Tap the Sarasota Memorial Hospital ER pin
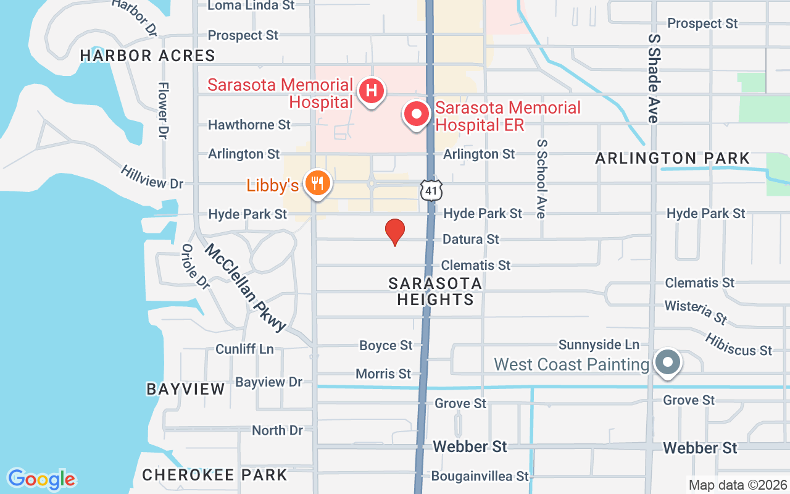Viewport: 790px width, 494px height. [417, 114]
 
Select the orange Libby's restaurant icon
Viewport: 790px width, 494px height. [317, 183]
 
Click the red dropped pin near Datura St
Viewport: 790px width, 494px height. [395, 232]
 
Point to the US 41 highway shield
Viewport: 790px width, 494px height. [431, 191]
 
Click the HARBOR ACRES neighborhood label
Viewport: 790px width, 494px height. [148, 56]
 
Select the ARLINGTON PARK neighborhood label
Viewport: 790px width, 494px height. [672, 159]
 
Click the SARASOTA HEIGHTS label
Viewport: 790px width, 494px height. [435, 291]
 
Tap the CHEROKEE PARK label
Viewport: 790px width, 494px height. [215, 475]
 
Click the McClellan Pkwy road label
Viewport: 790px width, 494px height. [246, 288]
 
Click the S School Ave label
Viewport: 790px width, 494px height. [542, 178]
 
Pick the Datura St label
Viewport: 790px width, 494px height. [470, 239]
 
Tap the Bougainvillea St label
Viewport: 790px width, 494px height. [480, 476]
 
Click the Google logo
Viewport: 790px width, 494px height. [41, 479]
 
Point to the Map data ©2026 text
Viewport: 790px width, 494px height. [738, 485]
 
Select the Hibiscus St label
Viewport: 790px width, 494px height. [738, 343]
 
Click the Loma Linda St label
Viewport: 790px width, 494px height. [251, 6]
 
